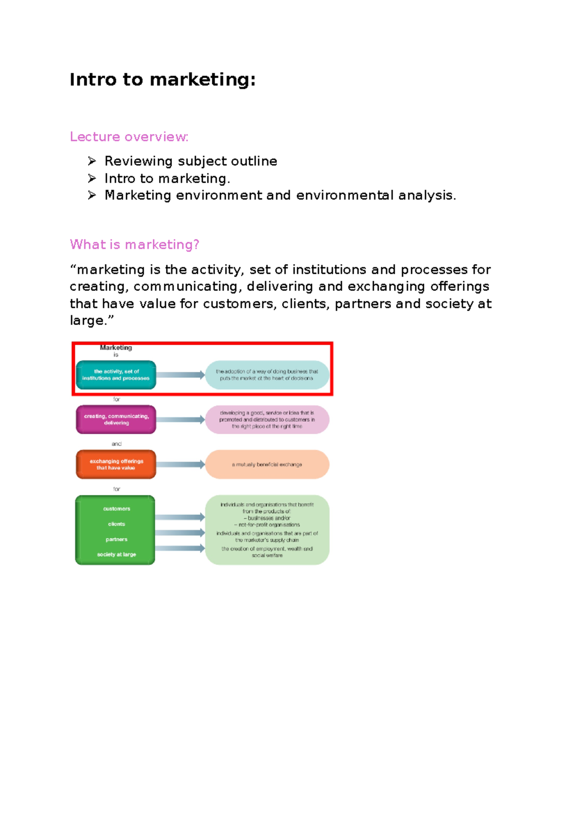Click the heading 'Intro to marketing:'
(162, 80)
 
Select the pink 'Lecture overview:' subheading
(129, 137)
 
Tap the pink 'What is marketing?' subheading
(134, 244)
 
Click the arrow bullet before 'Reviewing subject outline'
(92, 161)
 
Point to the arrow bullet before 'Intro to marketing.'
(92, 178)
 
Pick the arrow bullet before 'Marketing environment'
(92, 195)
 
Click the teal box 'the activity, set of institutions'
(116, 375)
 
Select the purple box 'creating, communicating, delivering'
(116, 419)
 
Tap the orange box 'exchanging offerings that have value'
(116, 465)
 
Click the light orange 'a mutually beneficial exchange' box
(267, 465)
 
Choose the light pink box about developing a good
(267, 419)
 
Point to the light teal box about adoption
(267, 375)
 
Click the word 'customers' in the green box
(116, 509)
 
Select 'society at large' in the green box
(116, 555)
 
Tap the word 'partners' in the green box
(116, 539)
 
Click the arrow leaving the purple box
(181, 419)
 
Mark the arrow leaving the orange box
(181, 465)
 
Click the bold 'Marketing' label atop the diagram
(116, 348)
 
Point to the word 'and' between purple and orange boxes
(116, 444)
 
